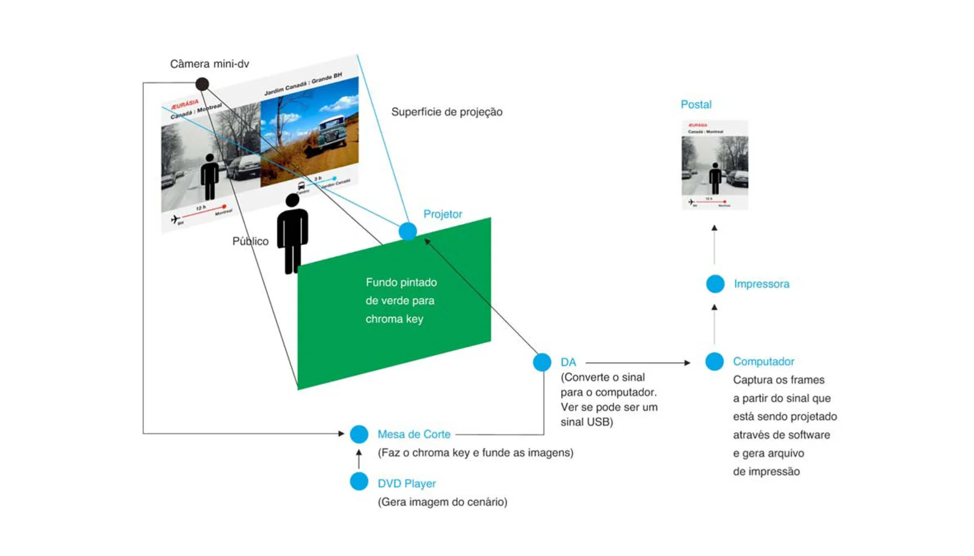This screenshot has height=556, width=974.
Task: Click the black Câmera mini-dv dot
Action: pyautogui.click(x=202, y=83)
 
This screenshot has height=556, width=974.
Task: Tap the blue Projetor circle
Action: pyautogui.click(x=408, y=231)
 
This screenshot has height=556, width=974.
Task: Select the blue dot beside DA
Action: pyautogui.click(x=542, y=362)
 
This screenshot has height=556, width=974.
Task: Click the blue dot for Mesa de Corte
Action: pyautogui.click(x=359, y=434)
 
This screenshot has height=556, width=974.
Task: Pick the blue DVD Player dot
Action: pyautogui.click(x=359, y=482)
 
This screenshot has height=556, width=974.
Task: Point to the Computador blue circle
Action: pyautogui.click(x=714, y=362)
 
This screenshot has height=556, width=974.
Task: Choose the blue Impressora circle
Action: pyautogui.click(x=715, y=284)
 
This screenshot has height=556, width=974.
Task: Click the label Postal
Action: pyautogui.click(x=696, y=105)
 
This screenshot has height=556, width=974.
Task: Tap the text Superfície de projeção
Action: pyautogui.click(x=446, y=112)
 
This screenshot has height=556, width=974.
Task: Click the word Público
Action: pyautogui.click(x=250, y=242)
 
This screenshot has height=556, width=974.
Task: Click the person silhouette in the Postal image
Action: pyautogui.click(x=716, y=178)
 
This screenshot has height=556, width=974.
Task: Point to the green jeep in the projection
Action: pyautogui.click(x=332, y=130)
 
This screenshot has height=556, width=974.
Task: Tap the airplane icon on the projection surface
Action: pyautogui.click(x=175, y=219)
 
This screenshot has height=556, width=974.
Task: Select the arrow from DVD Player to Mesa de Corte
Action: pyautogui.click(x=359, y=459)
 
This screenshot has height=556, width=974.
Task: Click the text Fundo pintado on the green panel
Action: pyautogui.click(x=401, y=283)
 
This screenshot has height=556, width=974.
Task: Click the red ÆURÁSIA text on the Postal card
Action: pyautogui.click(x=698, y=125)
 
